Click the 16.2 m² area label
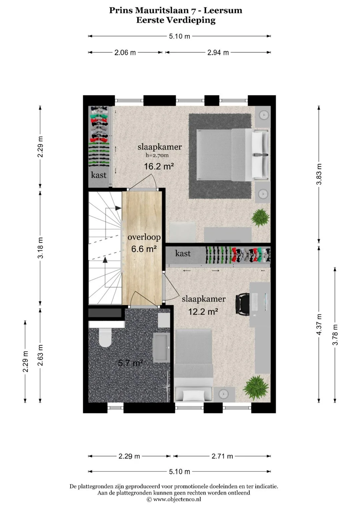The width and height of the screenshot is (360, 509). point(159,166)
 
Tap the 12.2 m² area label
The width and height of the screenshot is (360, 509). point(203,311)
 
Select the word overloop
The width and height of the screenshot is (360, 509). point(144,237)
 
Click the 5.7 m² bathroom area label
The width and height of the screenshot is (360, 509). point(130,363)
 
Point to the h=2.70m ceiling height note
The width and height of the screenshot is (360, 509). point(157,155)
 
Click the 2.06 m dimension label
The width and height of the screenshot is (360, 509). point(125,52)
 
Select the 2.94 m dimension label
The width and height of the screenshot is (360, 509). point(218,52)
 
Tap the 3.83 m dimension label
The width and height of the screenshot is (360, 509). point(319,174)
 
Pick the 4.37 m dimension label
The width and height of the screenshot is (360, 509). point(319,324)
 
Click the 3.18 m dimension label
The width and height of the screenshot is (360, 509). point(40,248)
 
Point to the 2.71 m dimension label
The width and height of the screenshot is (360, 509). point(222,456)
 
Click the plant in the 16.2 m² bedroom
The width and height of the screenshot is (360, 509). point(260,217)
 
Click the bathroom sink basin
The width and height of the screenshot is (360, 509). point(161,347)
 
